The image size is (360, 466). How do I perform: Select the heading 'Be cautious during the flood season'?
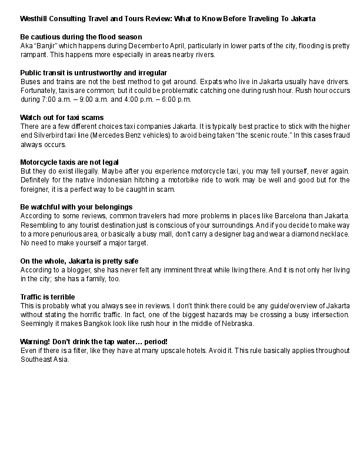point(81,36)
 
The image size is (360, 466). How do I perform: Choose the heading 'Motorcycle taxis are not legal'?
point(70,162)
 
